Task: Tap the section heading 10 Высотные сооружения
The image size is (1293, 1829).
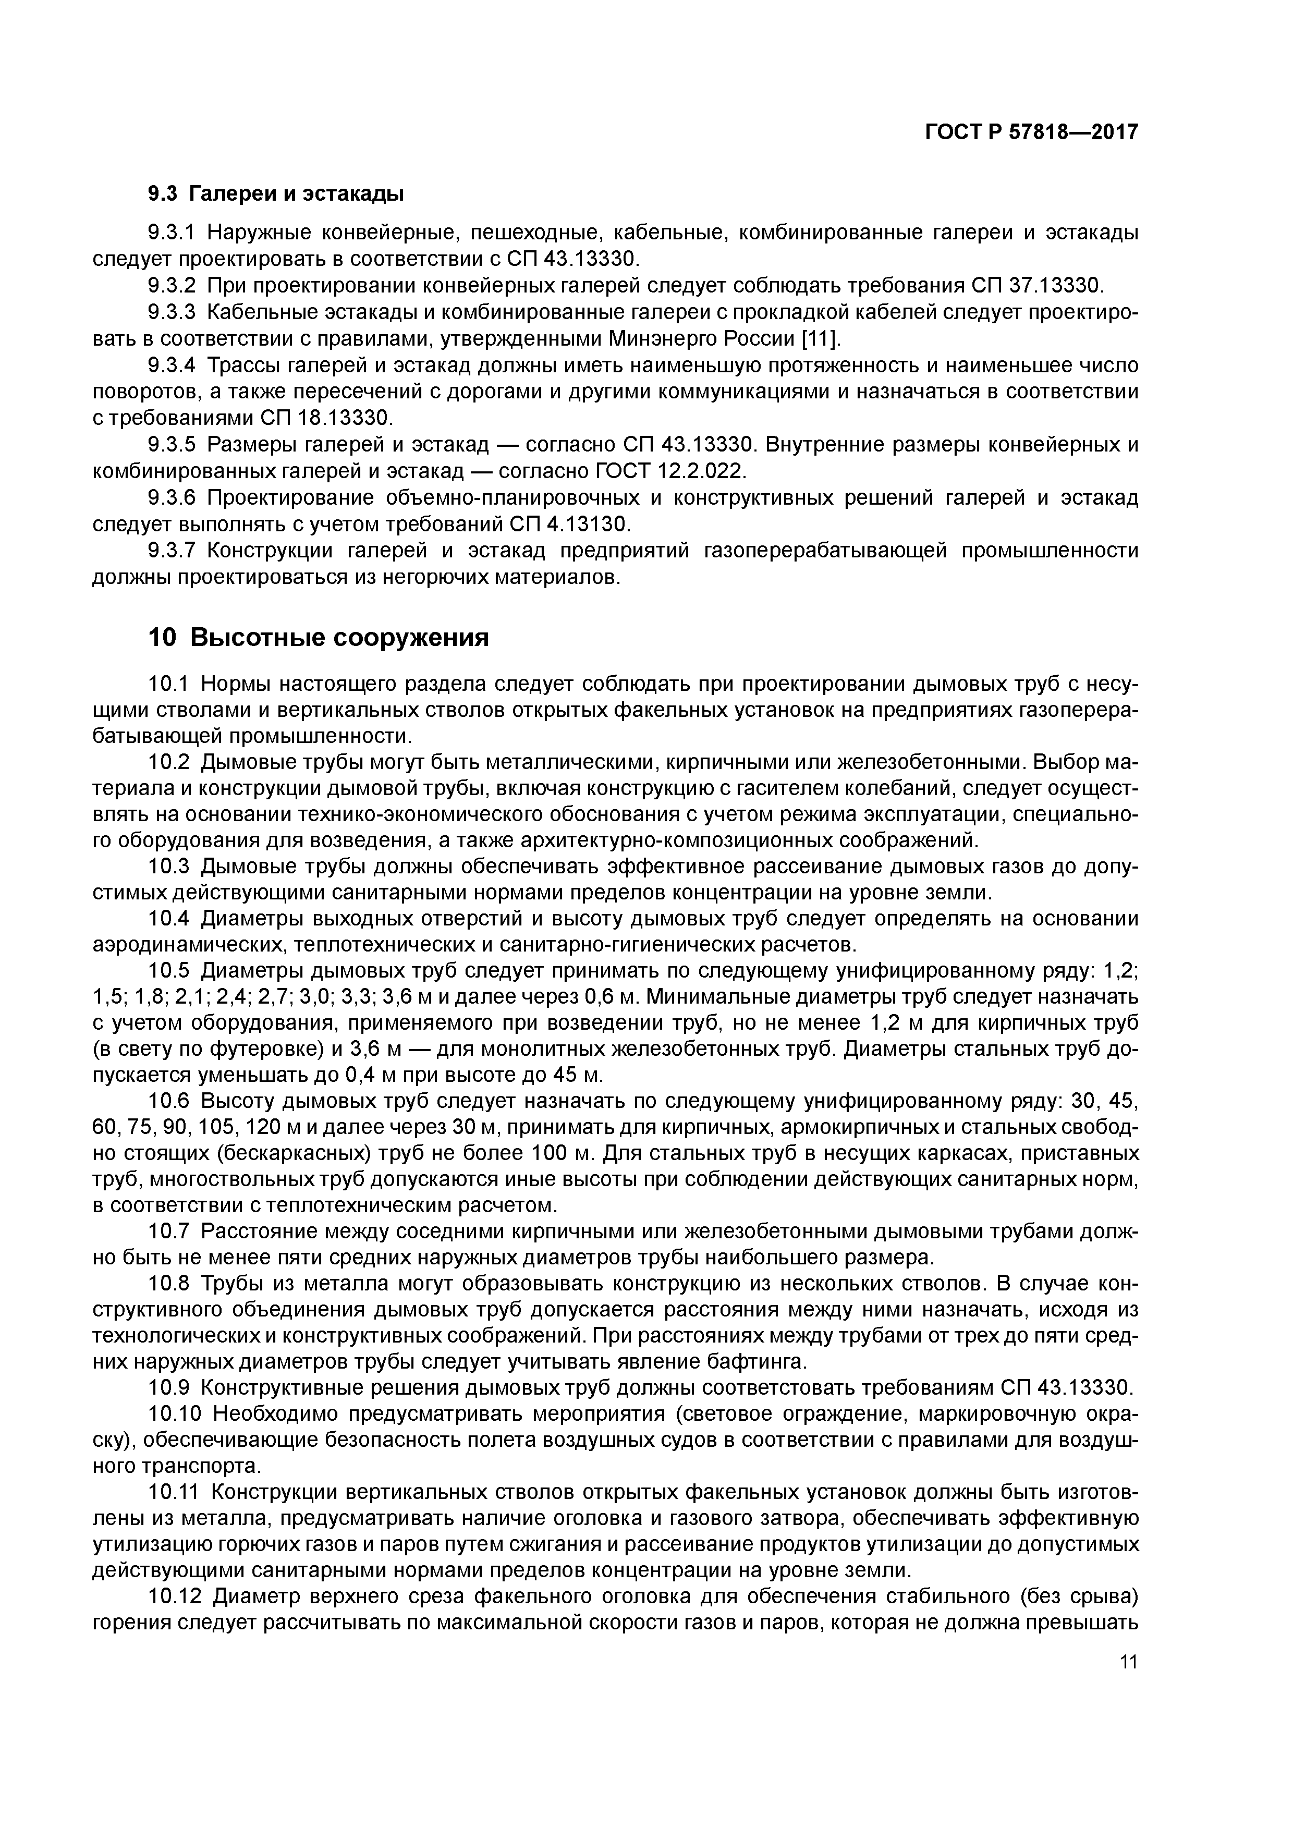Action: point(318,638)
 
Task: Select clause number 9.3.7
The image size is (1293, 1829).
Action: point(172,551)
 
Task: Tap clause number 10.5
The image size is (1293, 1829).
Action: point(169,971)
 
